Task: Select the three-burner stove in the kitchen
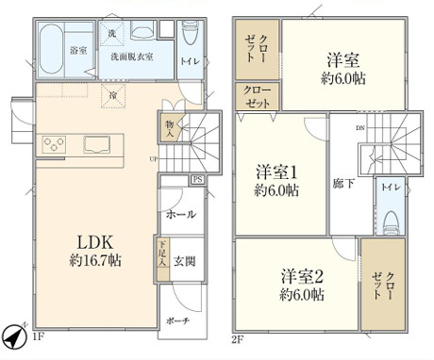coord(54,145)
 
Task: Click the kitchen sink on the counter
coord(97,145)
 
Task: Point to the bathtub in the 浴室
coord(53,41)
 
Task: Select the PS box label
coord(196,179)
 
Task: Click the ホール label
coord(179,215)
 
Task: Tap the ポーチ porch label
coord(179,321)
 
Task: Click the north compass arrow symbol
coord(12,335)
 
